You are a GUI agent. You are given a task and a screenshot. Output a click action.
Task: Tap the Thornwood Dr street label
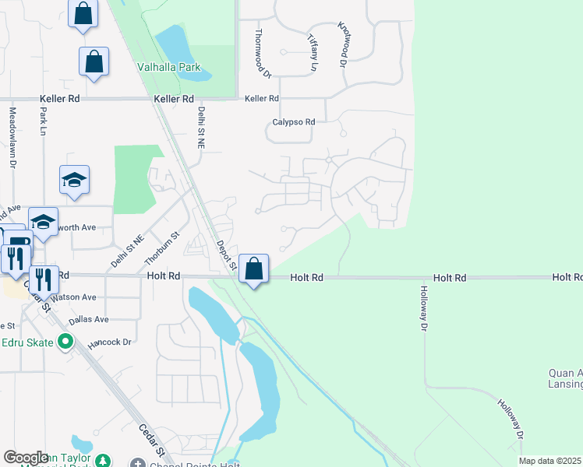263,54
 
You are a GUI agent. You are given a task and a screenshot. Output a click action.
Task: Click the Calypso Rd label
293,122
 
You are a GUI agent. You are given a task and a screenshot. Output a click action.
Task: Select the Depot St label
226,255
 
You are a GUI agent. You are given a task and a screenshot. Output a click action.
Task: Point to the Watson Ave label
74,297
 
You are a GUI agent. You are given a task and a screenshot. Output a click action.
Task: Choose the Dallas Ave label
88,319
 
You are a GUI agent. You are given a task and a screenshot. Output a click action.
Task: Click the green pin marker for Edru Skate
65,341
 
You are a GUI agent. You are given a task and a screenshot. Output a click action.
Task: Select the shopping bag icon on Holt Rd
253,269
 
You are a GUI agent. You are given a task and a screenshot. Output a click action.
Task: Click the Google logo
26,458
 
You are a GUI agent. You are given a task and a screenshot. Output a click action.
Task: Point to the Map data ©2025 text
549,461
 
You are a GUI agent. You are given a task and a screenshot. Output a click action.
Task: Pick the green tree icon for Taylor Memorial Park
102,461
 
